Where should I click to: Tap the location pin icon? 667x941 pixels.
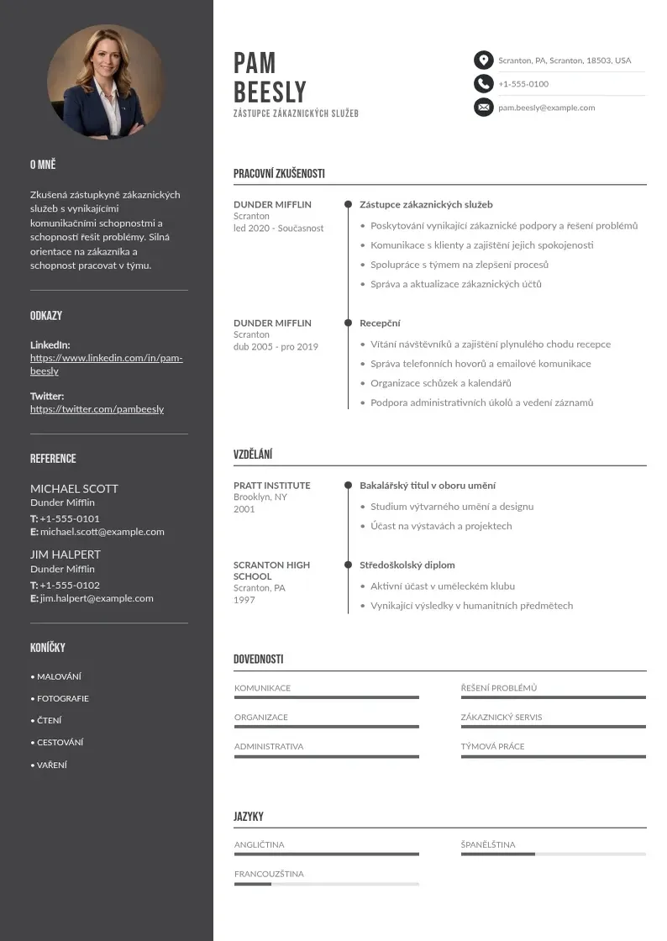pyautogui.click(x=483, y=60)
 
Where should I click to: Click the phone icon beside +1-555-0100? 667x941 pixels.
pyautogui.click(x=483, y=84)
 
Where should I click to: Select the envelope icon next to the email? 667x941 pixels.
pyautogui.click(x=483, y=108)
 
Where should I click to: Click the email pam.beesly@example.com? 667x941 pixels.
pyautogui.click(x=546, y=108)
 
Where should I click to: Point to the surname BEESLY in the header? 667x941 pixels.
pyautogui.click(x=270, y=92)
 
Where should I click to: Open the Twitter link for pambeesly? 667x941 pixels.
pyautogui.click(x=97, y=409)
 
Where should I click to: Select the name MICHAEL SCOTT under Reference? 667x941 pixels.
pyautogui.click(x=74, y=488)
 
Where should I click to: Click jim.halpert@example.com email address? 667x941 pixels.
pyautogui.click(x=97, y=598)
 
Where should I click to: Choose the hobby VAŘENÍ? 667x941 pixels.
pyautogui.click(x=51, y=765)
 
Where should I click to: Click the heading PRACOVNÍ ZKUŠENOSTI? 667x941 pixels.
pyautogui.click(x=279, y=174)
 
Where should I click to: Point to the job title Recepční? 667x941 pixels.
pyautogui.click(x=380, y=323)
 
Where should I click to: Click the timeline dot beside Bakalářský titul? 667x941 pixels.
pyautogui.click(x=348, y=486)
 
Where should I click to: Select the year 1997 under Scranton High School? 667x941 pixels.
pyautogui.click(x=244, y=600)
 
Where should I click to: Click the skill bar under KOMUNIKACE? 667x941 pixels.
pyautogui.click(x=326, y=697)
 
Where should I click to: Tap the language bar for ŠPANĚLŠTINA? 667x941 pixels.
pyautogui.click(x=553, y=854)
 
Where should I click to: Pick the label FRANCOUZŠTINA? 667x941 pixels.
pyautogui.click(x=269, y=874)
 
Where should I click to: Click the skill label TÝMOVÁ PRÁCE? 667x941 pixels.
pyautogui.click(x=492, y=746)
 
